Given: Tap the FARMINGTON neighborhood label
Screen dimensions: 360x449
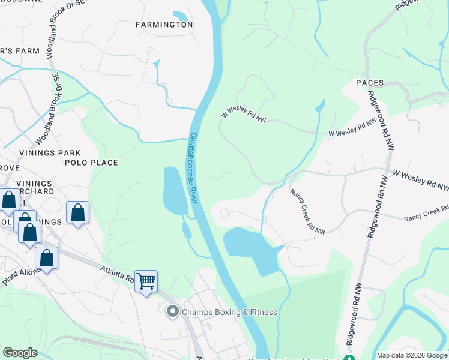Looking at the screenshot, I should click(164, 25).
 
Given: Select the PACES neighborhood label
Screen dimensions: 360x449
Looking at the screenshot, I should click(369, 82).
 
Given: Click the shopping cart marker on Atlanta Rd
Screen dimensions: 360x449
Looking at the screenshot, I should click(146, 280).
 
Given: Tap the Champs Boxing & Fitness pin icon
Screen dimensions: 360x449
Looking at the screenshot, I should click(173, 311).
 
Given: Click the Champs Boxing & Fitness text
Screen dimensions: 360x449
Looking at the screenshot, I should click(229, 312).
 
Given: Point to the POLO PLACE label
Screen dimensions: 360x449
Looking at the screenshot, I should click(92, 163).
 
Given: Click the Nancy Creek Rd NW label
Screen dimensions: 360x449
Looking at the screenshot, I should click(307, 211).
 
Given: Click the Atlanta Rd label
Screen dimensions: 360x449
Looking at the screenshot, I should click(117, 275).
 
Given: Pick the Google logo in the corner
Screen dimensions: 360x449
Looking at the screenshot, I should click(20, 353).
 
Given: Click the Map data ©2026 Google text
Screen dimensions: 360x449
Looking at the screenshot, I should click(411, 355).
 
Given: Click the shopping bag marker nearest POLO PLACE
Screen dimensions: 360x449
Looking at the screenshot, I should click(78, 212).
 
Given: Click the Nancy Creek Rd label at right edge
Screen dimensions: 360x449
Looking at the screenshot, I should click(427, 214).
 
